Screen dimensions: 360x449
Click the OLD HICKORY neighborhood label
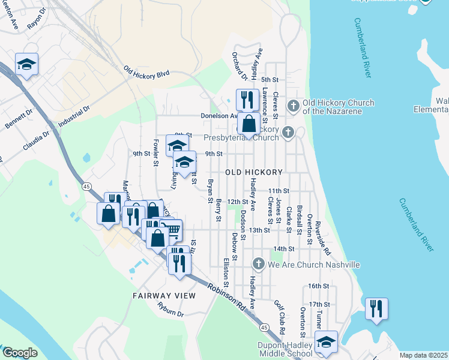pos(253,172)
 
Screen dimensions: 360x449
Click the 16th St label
pos(318,286)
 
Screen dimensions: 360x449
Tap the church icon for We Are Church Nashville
pos(258,264)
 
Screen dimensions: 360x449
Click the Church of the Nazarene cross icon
pos(294,106)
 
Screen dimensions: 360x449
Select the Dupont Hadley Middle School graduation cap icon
pos(326,342)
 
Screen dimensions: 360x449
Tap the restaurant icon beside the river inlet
pos(376,308)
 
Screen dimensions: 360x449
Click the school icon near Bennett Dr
pos(26,64)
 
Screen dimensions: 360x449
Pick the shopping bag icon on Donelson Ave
pos(249,124)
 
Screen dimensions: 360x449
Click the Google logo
pos(20,353)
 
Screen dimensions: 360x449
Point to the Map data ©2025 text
pos(423,355)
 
